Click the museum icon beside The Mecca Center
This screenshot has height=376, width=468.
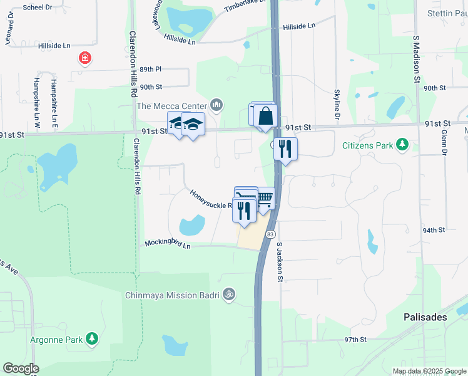pyautogui.click(x=216, y=105)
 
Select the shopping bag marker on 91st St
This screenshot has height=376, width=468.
pyautogui.click(x=266, y=117)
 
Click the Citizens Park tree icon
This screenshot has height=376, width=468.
pyautogui.click(x=404, y=145)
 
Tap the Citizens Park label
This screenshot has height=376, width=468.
pyautogui.click(x=367, y=146)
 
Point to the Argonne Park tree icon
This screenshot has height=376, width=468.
pyautogui.click(x=92, y=339)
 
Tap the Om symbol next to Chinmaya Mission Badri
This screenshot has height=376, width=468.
pyautogui.click(x=229, y=293)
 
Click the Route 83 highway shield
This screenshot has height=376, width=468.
pyautogui.click(x=270, y=234)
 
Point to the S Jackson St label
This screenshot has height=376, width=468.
pyautogui.click(x=280, y=262)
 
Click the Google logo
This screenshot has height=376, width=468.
pyautogui.click(x=21, y=368)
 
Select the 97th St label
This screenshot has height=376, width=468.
pyautogui.click(x=354, y=339)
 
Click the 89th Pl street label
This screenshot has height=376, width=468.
pyautogui.click(x=151, y=69)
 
